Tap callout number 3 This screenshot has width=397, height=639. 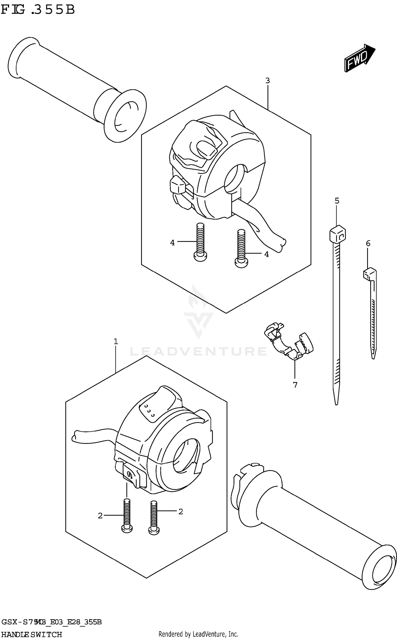pyautogui.click(x=268, y=81)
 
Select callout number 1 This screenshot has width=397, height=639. pyautogui.click(x=116, y=342)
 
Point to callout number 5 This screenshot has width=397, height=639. pyautogui.click(x=337, y=201)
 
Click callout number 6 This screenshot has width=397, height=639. pyautogui.click(x=368, y=243)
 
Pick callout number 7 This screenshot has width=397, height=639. pyautogui.click(x=295, y=385)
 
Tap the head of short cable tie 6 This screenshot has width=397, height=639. pyautogui.click(x=369, y=274)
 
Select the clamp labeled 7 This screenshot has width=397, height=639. pyautogui.click(x=288, y=341)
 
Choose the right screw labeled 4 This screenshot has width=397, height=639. pyautogui.click(x=241, y=249)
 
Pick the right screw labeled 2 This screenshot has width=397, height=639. pyautogui.click(x=154, y=518)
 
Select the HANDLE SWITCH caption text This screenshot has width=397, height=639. pyautogui.click(x=31, y=634)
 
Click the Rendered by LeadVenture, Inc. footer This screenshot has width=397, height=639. pyautogui.click(x=198, y=634)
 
